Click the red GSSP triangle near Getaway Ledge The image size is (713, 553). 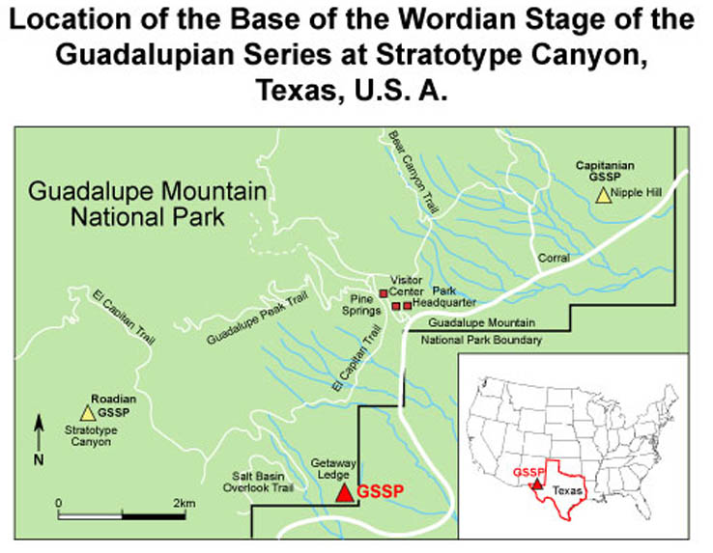click(343, 492)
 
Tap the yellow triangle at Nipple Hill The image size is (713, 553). click(603, 196)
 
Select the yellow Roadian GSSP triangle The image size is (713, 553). click(88, 413)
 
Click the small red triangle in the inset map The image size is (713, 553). click(537, 483)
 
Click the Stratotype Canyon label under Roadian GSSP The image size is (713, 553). click(88, 435)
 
